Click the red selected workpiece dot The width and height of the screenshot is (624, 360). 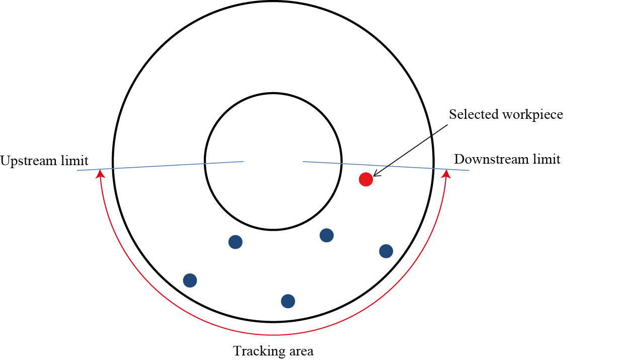pyautogui.click(x=366, y=179)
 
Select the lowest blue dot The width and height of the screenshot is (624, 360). pyautogui.click(x=288, y=301)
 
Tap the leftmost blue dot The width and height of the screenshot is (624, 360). pyautogui.click(x=190, y=280)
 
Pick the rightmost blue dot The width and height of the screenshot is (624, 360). pyautogui.click(x=386, y=251)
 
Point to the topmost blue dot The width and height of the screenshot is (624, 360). pyautogui.click(x=327, y=235)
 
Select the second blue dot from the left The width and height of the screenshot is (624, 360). pyautogui.click(x=236, y=242)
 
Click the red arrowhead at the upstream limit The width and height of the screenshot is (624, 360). pyautogui.click(x=101, y=174)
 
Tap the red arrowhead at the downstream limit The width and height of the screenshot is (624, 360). pyautogui.click(x=445, y=174)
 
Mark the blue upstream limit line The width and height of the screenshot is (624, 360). pyautogui.click(x=161, y=166)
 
